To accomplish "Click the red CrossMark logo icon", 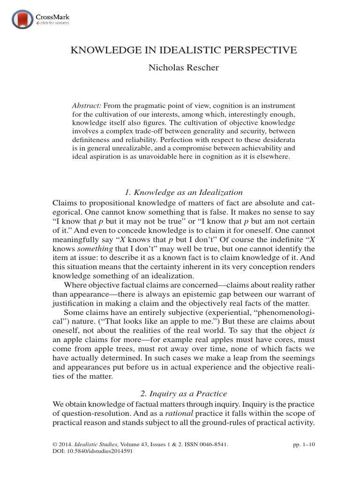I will click(21, 19).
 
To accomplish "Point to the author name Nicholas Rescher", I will click(180, 68).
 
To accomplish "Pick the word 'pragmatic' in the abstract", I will click(150, 105).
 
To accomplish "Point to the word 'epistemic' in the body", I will click(201, 294).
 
